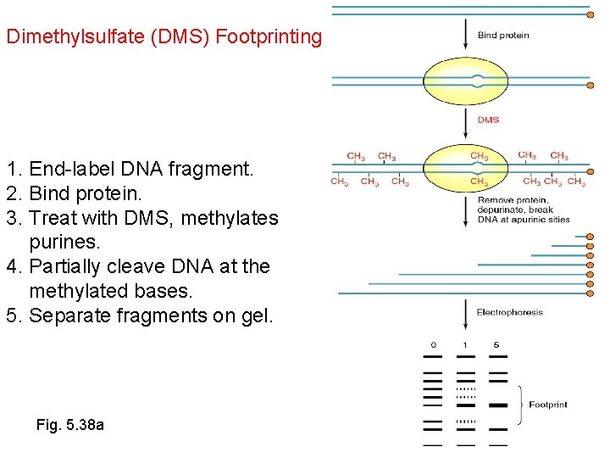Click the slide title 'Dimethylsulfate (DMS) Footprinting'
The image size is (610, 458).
pos(164,37)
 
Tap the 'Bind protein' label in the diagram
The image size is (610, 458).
pos(503,35)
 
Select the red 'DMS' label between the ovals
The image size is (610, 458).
pos(488,120)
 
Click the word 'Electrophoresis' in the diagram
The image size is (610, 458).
pos(510,313)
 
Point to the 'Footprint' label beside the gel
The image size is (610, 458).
pos(548,405)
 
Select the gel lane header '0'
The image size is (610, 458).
pos(433,345)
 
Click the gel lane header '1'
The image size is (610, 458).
pos(465,345)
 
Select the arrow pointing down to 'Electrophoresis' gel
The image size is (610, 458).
pos(465,314)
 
